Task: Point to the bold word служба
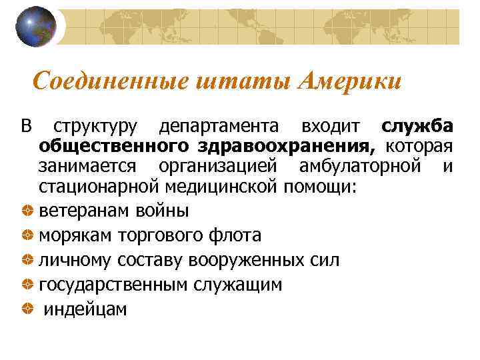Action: point(418,127)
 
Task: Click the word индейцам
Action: point(85,310)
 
